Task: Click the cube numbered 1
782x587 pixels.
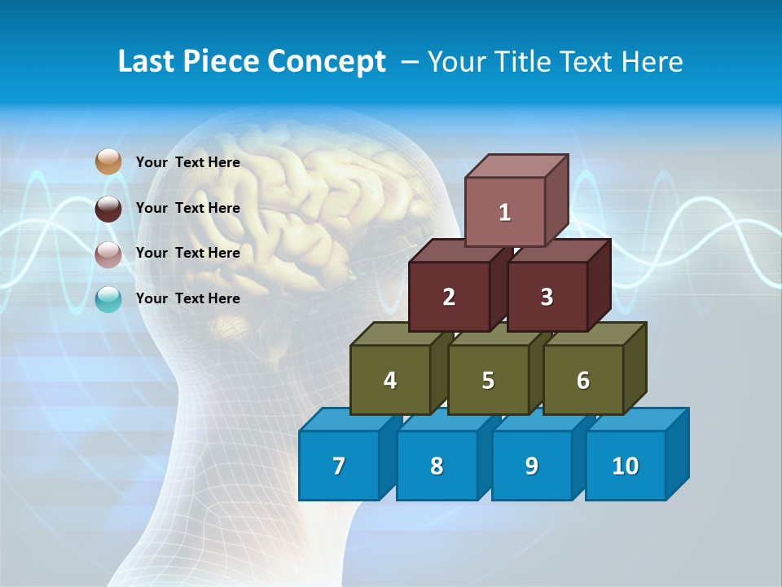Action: point(505,212)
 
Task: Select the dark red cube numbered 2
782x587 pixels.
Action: point(449,297)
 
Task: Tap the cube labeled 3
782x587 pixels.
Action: point(547,297)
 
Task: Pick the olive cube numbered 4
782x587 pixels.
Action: point(390,380)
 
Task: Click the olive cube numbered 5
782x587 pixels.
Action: point(488,380)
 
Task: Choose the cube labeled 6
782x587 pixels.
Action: point(583,380)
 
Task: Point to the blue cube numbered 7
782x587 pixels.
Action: point(339,466)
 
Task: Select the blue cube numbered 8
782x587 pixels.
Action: point(437,466)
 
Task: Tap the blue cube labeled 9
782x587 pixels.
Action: point(532,466)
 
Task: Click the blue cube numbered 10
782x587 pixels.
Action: point(626,466)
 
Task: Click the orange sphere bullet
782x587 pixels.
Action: point(108,162)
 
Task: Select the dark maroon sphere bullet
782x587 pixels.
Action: point(108,208)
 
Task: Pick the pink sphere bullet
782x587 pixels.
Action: point(108,254)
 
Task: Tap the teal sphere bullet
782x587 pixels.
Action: point(108,299)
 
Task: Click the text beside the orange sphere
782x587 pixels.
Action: point(188,162)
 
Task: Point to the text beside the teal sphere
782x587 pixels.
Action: point(188,298)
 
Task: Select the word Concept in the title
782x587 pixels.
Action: point(327,62)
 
